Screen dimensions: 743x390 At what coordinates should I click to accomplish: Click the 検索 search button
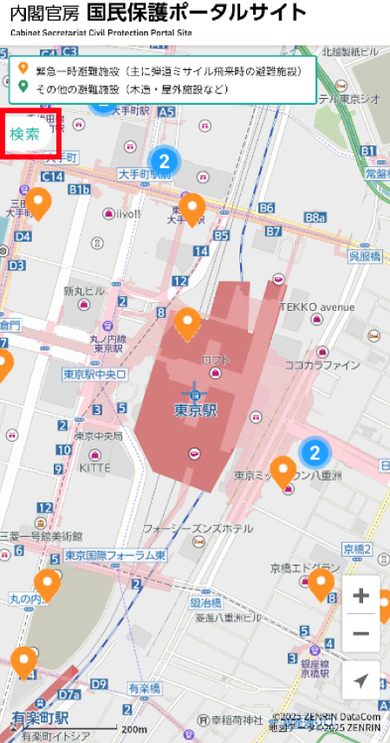point(25,134)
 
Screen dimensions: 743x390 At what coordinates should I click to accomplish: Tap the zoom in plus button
point(361,597)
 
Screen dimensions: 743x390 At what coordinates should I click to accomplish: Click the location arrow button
point(361,680)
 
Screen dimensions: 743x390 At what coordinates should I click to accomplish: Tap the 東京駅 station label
point(195,410)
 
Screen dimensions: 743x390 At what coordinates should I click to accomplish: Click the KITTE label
point(95,467)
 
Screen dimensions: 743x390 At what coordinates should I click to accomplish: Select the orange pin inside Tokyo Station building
point(188,323)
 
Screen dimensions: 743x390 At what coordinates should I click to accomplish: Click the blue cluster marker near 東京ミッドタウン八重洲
point(315,452)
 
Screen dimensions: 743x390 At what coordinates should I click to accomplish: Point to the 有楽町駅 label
point(40,718)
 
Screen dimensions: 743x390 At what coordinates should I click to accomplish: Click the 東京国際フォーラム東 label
point(114,555)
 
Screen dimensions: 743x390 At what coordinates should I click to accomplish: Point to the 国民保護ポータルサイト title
point(196,13)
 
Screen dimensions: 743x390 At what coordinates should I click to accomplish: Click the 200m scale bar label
point(133,729)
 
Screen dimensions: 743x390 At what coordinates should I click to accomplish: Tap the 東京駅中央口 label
point(95,374)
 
